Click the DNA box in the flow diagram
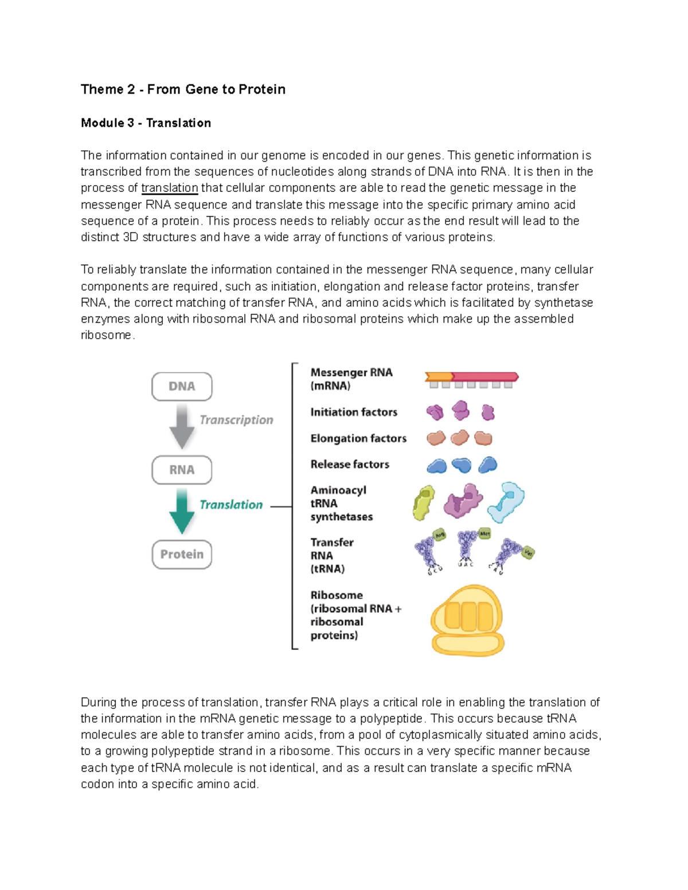coord(182,386)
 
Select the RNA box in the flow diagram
coord(182,470)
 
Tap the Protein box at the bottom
coord(182,554)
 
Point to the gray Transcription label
coord(236,420)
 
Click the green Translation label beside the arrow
coord(231,505)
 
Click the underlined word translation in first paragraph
coord(169,188)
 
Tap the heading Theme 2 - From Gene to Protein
coord(183,89)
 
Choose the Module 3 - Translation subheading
coord(146,123)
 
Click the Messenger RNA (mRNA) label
coord(351,379)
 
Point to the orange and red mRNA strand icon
coord(471,377)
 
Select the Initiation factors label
coord(354,412)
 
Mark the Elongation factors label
coord(358,438)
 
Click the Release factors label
coord(350,464)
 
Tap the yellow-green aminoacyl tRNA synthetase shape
coord(424,503)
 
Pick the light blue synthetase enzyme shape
coord(506,501)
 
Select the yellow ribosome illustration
coord(467,621)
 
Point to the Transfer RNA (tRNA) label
coord(331,555)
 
